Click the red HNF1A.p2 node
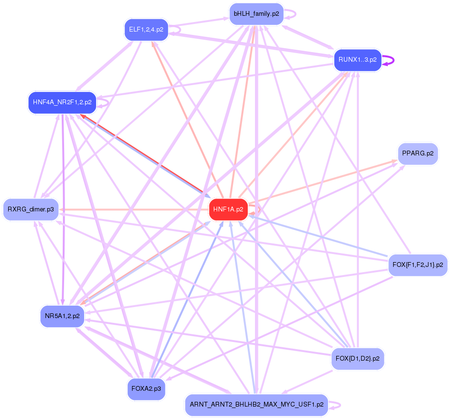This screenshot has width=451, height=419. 228,209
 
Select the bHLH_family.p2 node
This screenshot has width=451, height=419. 256,14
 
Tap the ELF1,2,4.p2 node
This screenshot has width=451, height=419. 146,30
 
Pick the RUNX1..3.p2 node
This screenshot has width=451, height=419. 357,60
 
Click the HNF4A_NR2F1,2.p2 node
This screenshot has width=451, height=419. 62,102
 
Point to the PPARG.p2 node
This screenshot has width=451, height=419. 418,154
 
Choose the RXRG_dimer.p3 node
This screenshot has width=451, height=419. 31,209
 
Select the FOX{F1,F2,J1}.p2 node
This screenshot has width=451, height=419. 418,265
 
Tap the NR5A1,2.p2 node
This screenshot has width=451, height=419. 62,316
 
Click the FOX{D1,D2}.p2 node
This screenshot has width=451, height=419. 357,359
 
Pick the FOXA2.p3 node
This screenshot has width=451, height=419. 146,389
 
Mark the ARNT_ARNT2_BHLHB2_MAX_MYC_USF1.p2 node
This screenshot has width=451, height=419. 256,405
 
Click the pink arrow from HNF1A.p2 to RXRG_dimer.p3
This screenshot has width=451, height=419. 134,209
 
